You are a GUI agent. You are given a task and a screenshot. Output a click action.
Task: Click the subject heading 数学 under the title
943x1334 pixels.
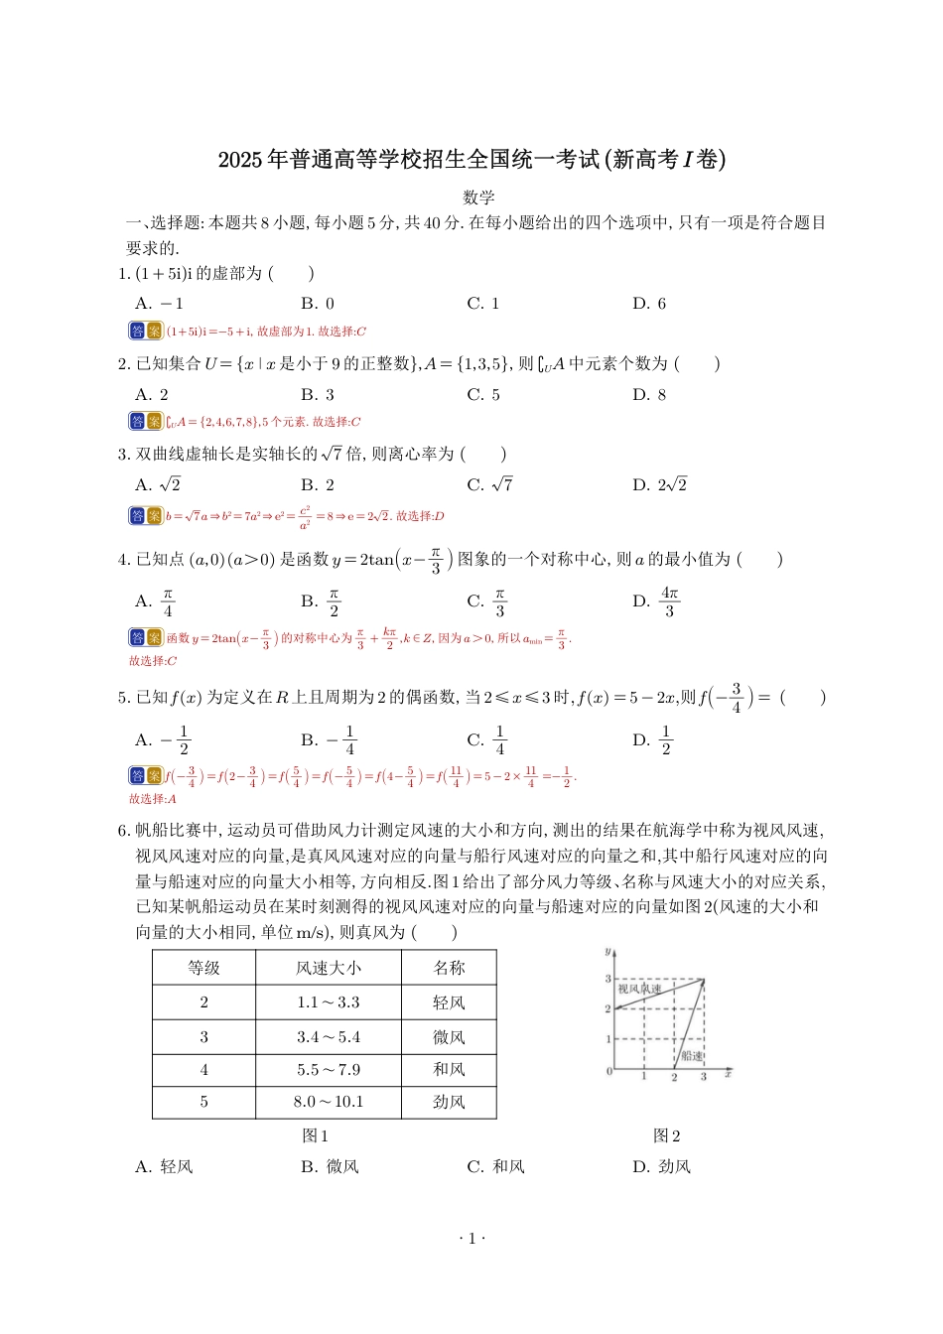click(x=478, y=198)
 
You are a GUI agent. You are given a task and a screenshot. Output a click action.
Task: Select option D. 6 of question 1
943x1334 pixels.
click(x=649, y=304)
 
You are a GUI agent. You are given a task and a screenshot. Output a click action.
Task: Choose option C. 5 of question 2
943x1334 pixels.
click(x=483, y=395)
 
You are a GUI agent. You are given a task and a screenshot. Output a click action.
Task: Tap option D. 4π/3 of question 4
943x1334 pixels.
click(x=657, y=601)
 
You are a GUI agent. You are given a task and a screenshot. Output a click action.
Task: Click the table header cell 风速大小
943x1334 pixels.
click(x=328, y=968)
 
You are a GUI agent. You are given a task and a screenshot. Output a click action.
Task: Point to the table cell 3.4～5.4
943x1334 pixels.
click(x=328, y=1037)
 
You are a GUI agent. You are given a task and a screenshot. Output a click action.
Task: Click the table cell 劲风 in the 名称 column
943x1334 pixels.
click(x=449, y=1102)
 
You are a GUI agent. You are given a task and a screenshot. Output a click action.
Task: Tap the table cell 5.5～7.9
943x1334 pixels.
click(x=328, y=1070)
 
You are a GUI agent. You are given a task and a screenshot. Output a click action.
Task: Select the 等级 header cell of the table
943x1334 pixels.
click(x=203, y=968)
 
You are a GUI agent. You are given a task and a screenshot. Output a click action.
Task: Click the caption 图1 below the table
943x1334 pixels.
click(x=315, y=1136)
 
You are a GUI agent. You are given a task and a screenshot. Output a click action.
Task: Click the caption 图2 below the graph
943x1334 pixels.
click(x=666, y=1136)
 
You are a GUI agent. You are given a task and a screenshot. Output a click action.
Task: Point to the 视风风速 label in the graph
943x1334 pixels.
click(x=639, y=990)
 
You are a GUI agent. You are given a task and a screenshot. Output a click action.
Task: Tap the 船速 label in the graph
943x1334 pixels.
click(x=692, y=1056)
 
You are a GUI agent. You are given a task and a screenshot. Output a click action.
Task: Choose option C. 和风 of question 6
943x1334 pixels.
click(x=495, y=1167)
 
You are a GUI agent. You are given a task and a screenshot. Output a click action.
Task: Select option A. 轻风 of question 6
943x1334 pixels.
click(x=164, y=1167)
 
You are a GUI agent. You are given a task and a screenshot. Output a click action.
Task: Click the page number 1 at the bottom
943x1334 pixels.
click(x=471, y=1238)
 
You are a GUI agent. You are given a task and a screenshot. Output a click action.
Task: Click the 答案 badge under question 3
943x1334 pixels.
click(x=145, y=516)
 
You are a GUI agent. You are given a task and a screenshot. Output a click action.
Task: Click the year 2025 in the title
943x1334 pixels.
click(x=239, y=160)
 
